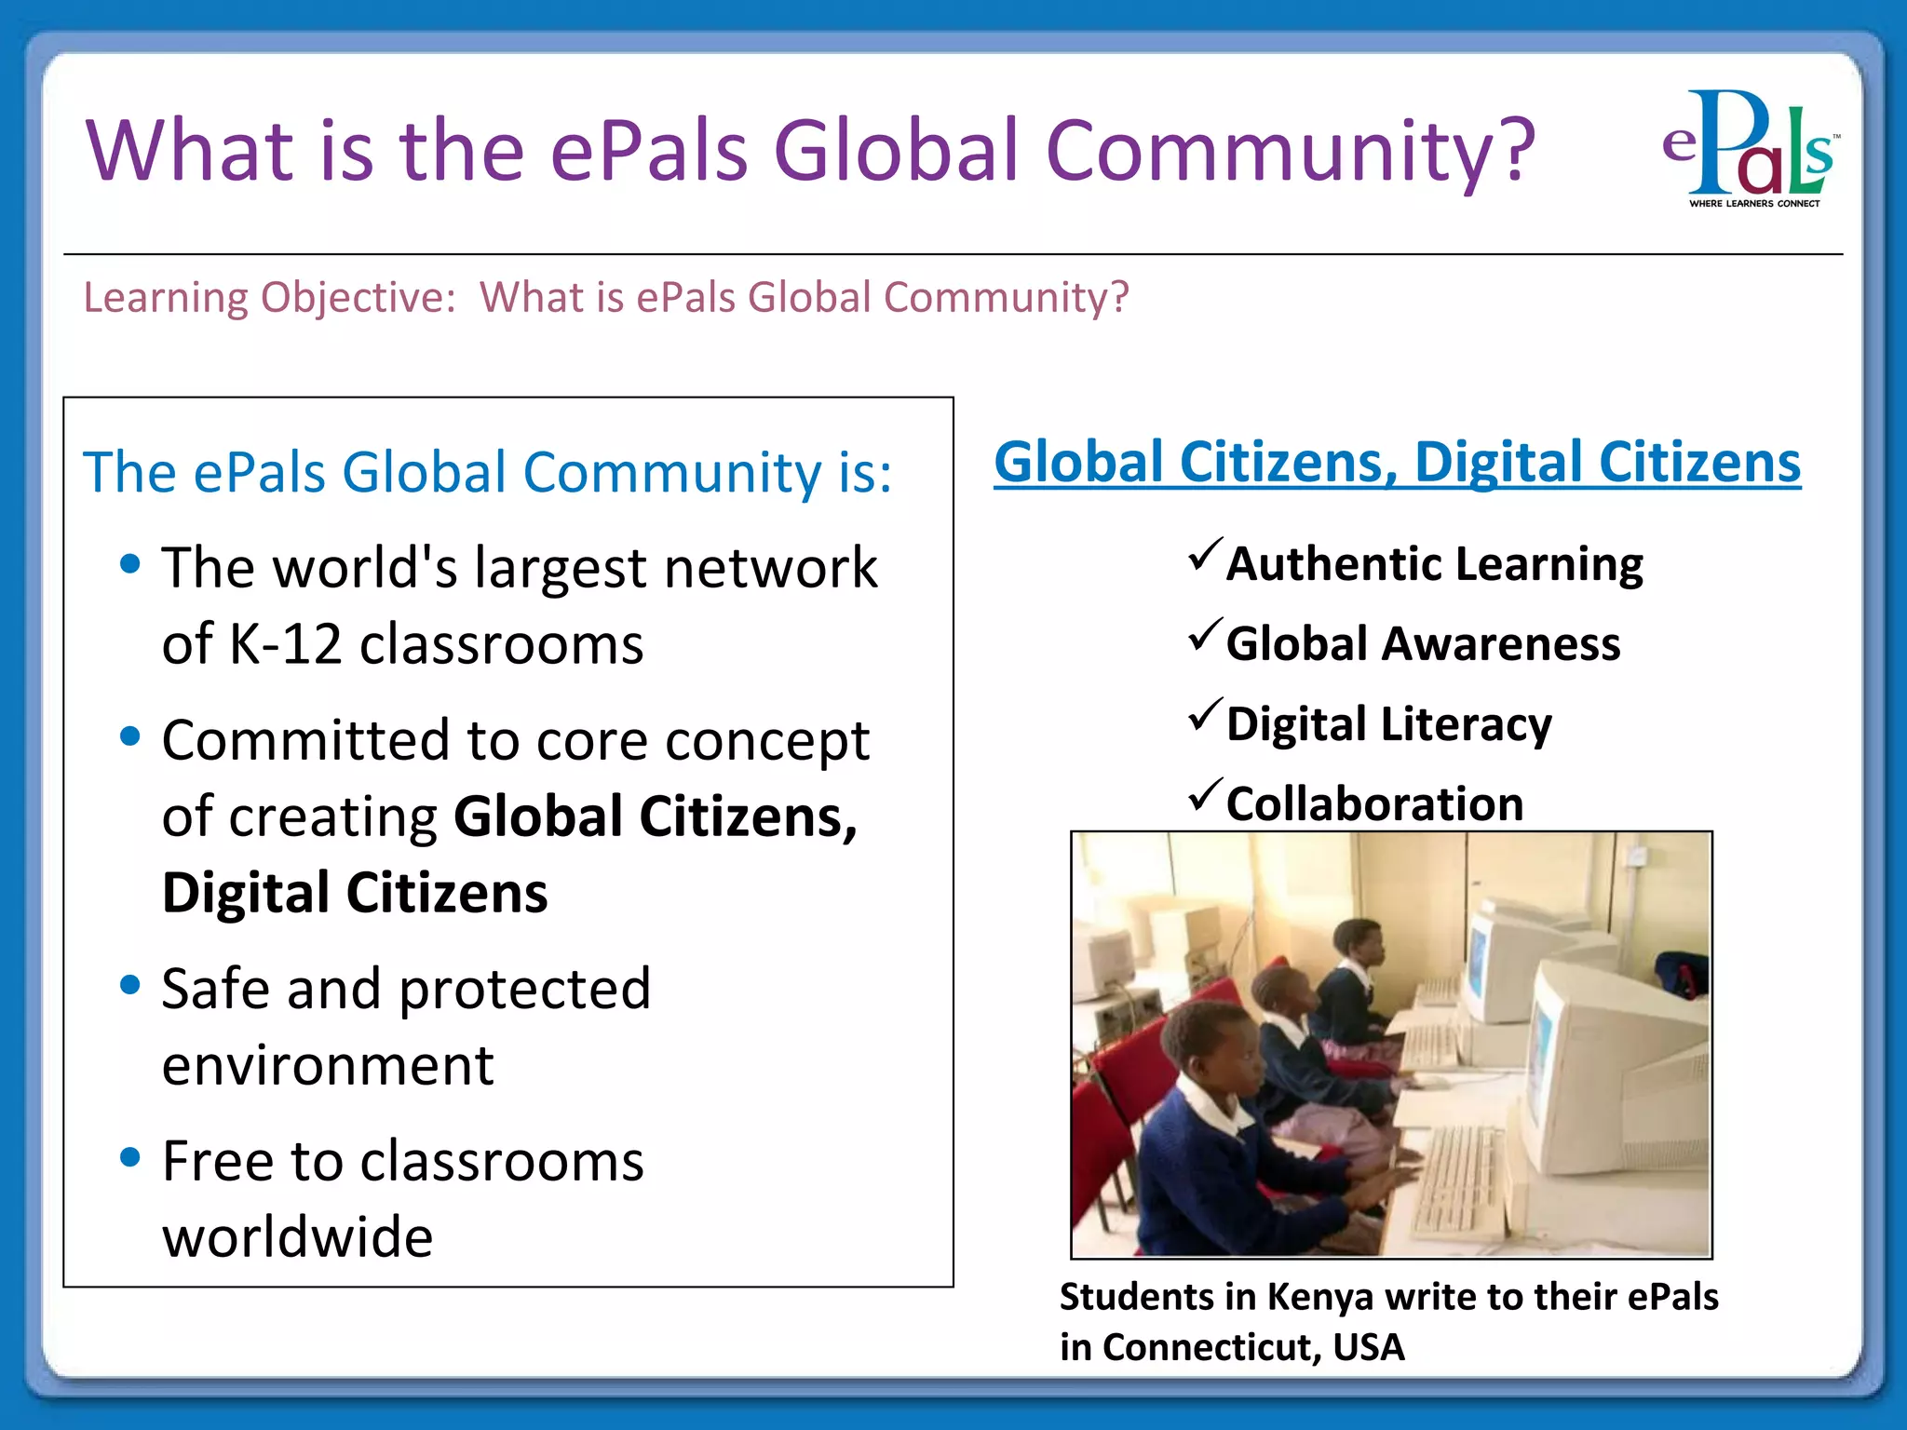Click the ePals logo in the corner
pos(1750,144)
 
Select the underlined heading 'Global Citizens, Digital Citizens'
pos(1397,463)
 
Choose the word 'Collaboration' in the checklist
pos(1374,803)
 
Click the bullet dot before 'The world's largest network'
pos(130,563)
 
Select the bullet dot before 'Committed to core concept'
pos(130,736)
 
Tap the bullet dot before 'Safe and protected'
pos(130,984)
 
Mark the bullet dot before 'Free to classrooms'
pos(130,1157)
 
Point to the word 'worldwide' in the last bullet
pos(298,1237)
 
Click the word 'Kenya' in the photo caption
pos(1320,1297)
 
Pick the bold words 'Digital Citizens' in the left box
pos(355,893)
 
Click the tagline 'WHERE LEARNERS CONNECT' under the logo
pos(1754,203)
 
